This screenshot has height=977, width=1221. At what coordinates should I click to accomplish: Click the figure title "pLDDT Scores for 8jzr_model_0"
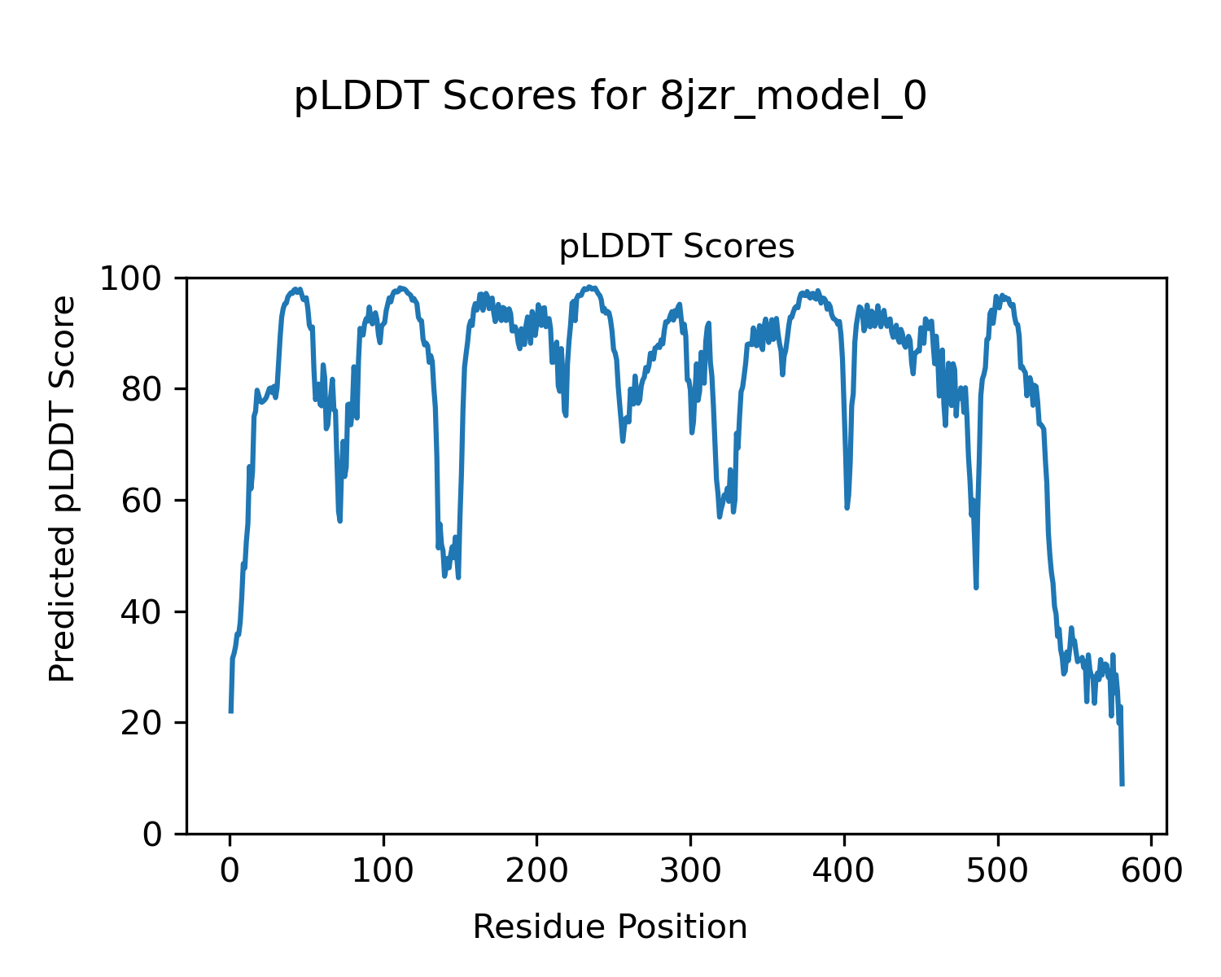[x=610, y=97]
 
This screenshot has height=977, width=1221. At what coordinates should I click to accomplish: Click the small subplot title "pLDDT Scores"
[x=676, y=247]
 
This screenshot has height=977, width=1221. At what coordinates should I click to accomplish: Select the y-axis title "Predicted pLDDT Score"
[x=63, y=488]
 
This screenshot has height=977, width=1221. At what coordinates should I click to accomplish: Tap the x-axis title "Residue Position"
[x=610, y=927]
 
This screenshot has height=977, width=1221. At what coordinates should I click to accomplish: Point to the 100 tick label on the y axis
[x=137, y=278]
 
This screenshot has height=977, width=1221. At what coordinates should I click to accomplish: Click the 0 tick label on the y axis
[x=152, y=834]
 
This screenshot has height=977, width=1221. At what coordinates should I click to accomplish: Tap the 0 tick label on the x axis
[x=230, y=870]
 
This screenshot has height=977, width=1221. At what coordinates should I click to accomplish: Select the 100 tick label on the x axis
[x=383, y=870]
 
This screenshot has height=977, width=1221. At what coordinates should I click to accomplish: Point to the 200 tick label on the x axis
[x=537, y=870]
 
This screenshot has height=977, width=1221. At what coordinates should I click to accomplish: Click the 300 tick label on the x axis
[x=690, y=870]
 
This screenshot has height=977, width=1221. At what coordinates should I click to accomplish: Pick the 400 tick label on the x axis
[x=844, y=870]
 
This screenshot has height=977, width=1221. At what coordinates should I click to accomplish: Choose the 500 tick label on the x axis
[x=997, y=870]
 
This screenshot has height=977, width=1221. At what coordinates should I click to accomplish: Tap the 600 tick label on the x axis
[x=1151, y=870]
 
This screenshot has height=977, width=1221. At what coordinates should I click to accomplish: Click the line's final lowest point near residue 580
[x=1123, y=784]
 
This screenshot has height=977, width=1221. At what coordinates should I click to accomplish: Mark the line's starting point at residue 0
[x=231, y=712]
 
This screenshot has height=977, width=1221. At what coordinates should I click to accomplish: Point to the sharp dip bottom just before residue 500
[x=976, y=587]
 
